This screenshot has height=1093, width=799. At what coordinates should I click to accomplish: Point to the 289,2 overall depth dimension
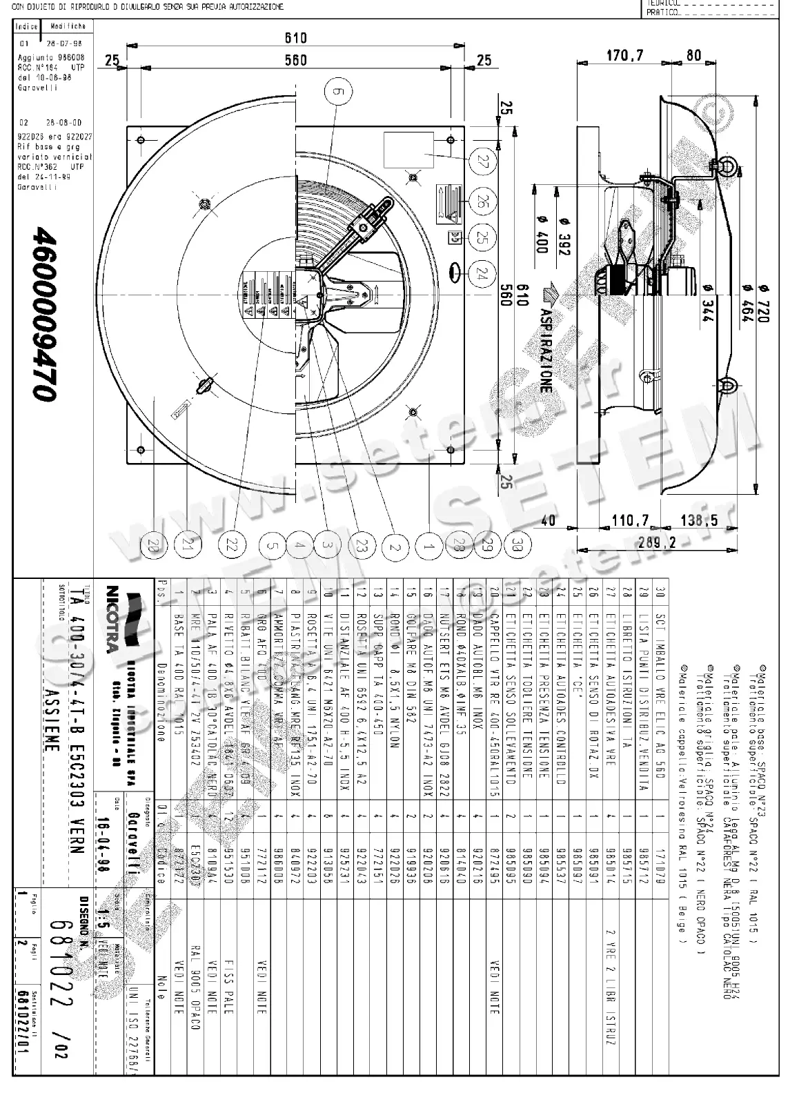(657, 543)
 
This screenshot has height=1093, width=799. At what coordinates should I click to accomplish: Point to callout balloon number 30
(518, 546)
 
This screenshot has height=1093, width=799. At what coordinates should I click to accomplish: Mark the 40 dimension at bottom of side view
(548, 520)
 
